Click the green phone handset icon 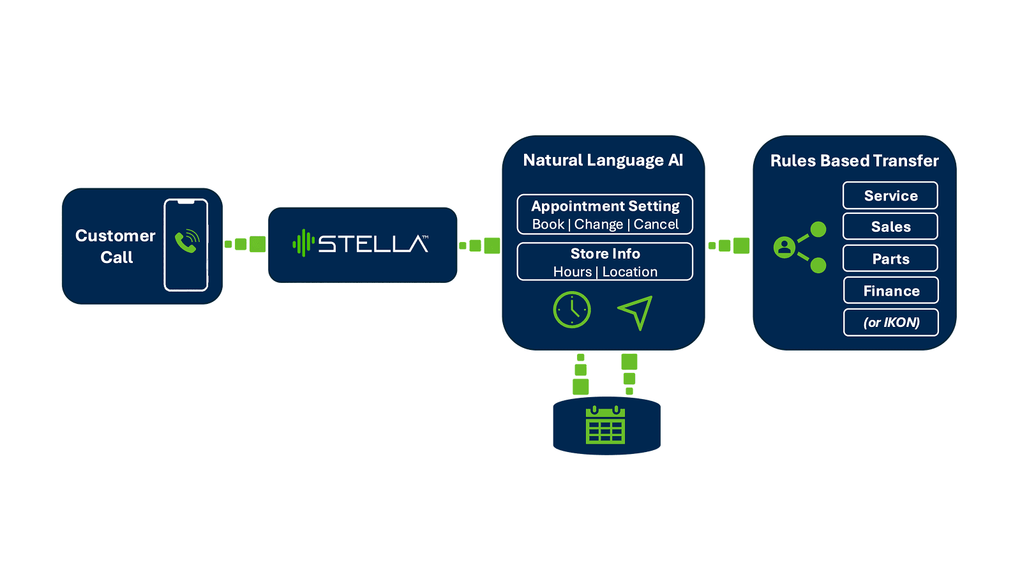(x=187, y=241)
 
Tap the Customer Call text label (x=116, y=246)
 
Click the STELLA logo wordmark (x=373, y=244)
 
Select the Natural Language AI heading (x=603, y=160)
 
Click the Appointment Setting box (x=604, y=215)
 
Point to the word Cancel (x=656, y=224)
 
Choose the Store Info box (x=604, y=262)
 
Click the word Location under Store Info (x=630, y=272)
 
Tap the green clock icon (x=572, y=310)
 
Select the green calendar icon (x=605, y=425)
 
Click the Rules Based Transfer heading (x=854, y=161)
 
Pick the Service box (x=890, y=195)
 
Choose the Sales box (x=890, y=227)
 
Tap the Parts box (x=890, y=259)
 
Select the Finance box (x=890, y=291)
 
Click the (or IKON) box (x=890, y=322)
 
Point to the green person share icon (x=800, y=247)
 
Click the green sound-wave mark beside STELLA (x=303, y=244)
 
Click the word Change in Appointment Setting (x=598, y=224)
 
